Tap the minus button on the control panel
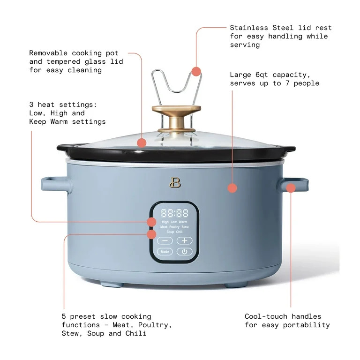[165, 240]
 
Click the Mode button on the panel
[165, 252]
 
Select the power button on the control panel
[184, 252]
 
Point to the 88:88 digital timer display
[174, 213]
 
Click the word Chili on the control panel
[180, 232]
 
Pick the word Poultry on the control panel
[174, 227]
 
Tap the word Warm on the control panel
[183, 222]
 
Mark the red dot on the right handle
[291, 188]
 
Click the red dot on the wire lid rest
[196, 71]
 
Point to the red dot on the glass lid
[142, 143]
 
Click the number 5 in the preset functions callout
[64, 317]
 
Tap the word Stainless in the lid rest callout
[249, 28]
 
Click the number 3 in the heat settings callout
[31, 105]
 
